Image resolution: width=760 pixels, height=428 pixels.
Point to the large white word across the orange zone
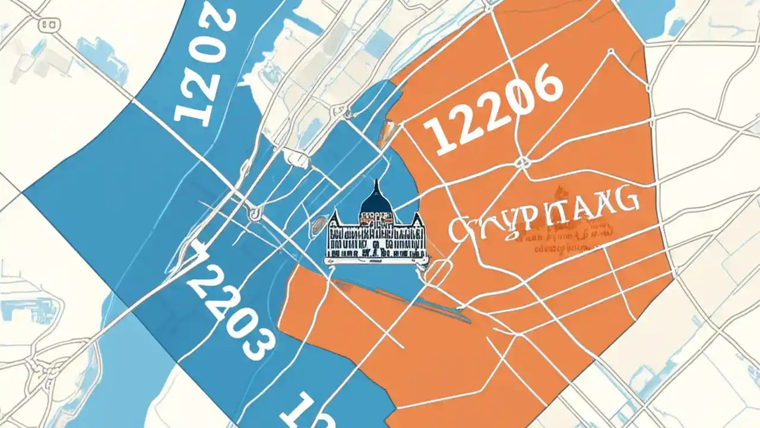pos(543,222)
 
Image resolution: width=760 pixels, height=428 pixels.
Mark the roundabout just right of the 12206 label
pos(524,162)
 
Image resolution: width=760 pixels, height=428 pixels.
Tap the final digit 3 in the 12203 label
pos(258,341)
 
